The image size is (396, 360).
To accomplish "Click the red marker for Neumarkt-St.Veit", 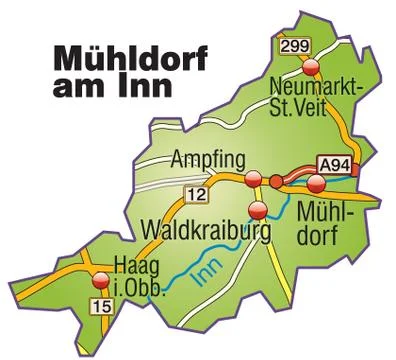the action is (x=311, y=68).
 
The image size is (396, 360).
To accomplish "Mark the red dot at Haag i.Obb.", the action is (x=98, y=283).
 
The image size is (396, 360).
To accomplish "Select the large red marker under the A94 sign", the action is (x=317, y=182).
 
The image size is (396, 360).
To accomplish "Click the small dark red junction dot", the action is (x=276, y=181).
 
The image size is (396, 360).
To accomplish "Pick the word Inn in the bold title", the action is (x=145, y=84).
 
